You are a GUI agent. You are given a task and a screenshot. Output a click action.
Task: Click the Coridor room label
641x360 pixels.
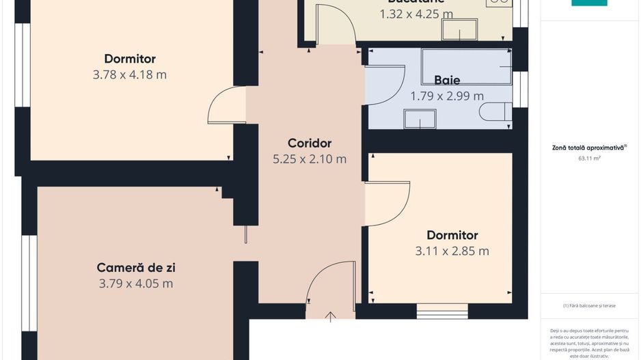310,143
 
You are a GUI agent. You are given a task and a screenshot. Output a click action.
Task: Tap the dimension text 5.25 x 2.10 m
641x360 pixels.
310,159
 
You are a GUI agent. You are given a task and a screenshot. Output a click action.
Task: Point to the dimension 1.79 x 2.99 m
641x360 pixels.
447,96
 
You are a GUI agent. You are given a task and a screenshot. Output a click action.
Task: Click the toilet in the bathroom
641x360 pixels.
496,112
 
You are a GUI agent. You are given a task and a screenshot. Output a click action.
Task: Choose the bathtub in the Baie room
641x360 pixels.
467,66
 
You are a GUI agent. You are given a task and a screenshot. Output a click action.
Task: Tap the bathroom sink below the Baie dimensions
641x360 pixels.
420,118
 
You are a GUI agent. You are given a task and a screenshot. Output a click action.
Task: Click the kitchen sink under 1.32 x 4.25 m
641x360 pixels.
459,29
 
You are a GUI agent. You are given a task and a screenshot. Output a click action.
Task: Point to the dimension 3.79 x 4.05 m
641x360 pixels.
136,283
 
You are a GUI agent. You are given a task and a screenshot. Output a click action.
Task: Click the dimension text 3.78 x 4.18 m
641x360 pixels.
130,74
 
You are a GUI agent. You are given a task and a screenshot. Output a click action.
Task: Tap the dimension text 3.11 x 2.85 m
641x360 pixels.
452,251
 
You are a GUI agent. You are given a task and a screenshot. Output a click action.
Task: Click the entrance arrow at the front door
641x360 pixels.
331,316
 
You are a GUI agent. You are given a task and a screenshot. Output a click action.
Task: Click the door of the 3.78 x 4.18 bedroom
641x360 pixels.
228,106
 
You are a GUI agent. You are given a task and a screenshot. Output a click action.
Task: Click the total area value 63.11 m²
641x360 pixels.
589,158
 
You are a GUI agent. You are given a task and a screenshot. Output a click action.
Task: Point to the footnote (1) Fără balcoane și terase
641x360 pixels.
589,305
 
